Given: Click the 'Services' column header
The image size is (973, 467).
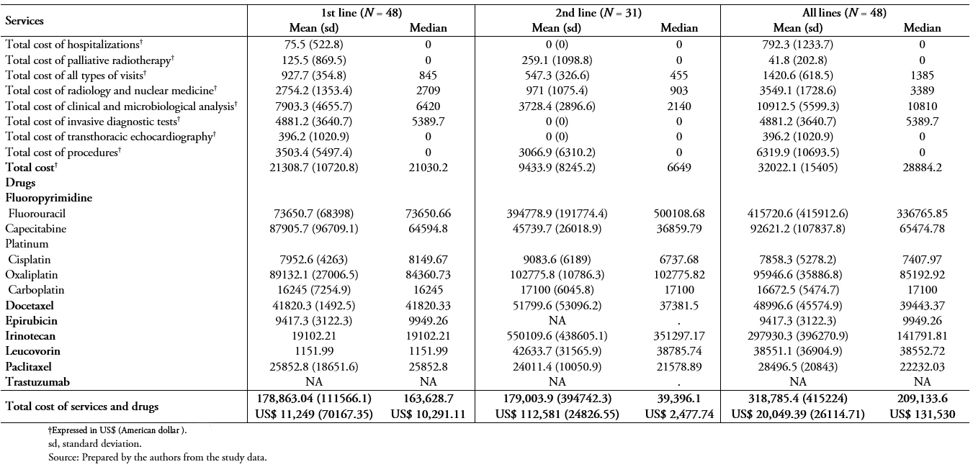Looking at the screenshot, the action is point(24,21).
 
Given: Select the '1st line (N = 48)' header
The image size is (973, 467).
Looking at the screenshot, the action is point(362,13).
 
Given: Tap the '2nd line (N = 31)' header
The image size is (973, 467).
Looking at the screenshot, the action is point(598,13).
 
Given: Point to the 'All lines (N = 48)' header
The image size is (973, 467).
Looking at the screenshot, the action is point(844,13).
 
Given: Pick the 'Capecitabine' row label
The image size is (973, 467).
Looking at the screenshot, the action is point(35,229).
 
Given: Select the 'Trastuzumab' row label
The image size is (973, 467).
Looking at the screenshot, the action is point(37,382).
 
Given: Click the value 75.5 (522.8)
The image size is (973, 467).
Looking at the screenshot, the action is point(313,45).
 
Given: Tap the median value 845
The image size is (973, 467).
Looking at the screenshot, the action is point(428,75).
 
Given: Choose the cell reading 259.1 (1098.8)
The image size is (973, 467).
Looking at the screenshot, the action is point(557,60).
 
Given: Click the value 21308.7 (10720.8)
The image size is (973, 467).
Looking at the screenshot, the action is point(313,168).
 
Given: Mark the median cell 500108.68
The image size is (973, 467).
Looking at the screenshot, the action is point(679,214).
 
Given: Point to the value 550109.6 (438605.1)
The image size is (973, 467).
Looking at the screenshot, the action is point(557,336).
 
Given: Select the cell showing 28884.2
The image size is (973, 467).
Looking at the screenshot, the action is point(922,168).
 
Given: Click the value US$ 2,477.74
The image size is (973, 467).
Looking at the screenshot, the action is point(679,414).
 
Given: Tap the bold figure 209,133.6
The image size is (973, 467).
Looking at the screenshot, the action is point(922,399).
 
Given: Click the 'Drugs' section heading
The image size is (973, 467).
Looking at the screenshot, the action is point(20,183).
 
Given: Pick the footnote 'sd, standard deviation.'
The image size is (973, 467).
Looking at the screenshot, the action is point(94,443).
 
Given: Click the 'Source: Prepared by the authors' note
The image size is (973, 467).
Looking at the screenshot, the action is point(157,457).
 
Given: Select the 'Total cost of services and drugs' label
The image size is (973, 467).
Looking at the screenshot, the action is point(81,407).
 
